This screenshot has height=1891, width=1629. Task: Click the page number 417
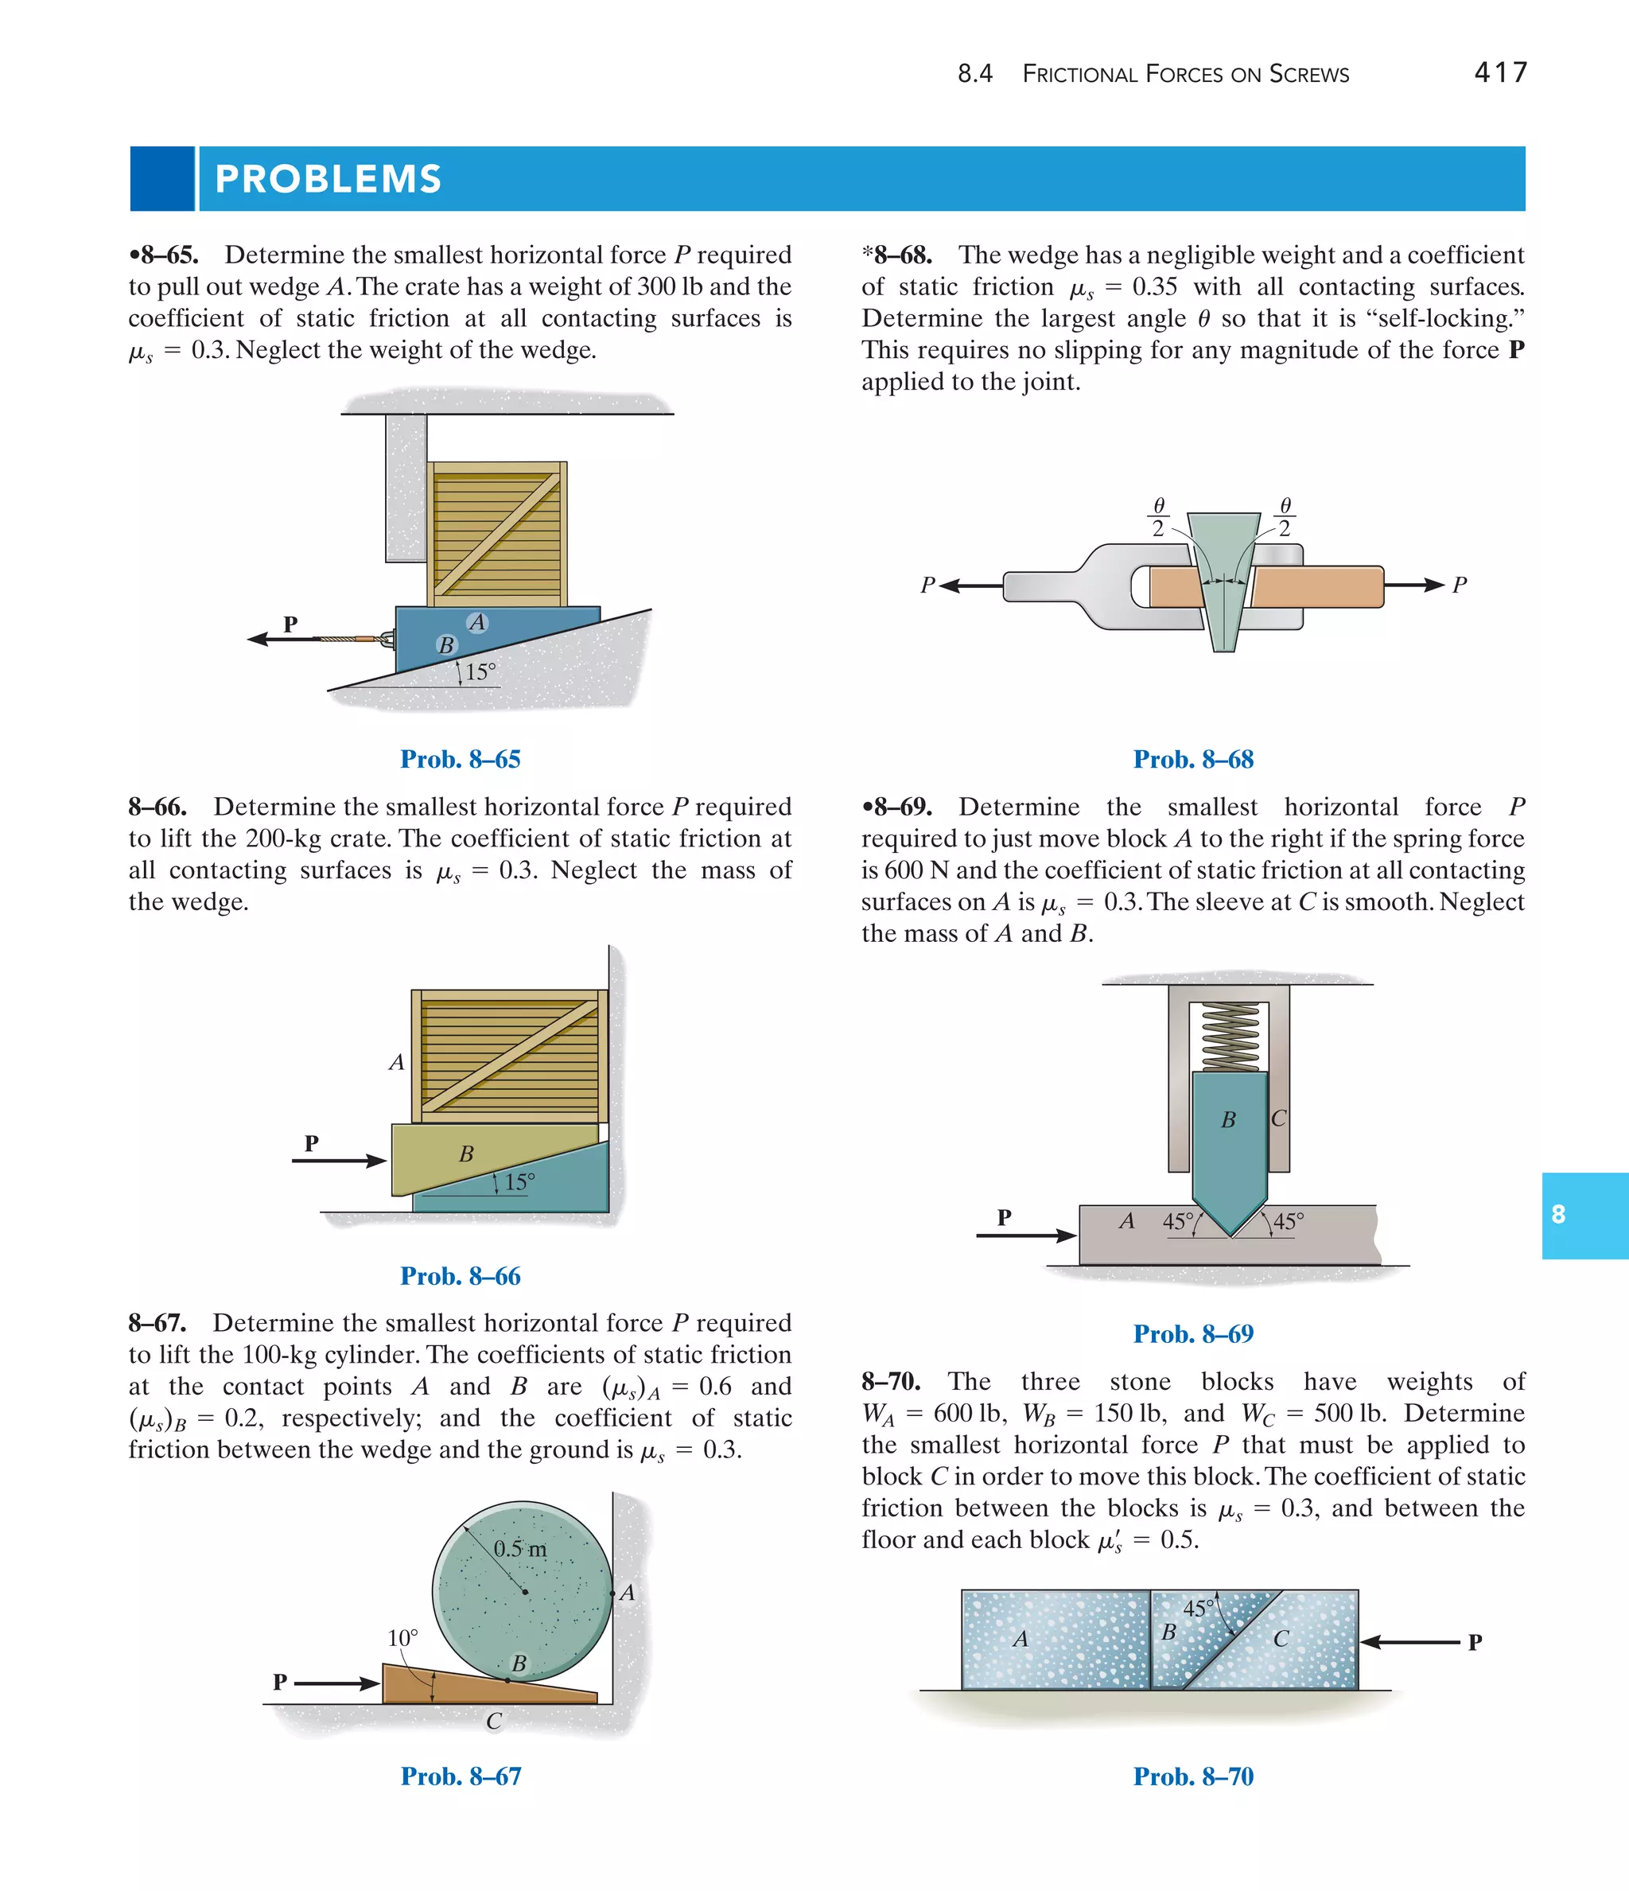coord(1499,72)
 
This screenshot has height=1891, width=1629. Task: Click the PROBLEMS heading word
coord(328,179)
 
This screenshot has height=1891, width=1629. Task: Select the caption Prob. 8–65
coord(460,759)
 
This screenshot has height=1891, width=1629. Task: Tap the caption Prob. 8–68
coord(1193,759)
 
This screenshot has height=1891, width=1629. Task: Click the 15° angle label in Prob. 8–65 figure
coord(480,672)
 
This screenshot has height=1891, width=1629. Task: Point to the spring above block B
coord(1230,1037)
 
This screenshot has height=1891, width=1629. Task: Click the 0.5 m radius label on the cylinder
coord(520,1549)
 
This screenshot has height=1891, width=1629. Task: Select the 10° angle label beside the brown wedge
coord(402,1638)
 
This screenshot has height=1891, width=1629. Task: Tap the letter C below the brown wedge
coord(494,1722)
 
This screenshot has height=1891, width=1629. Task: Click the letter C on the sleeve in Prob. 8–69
coord(1278,1119)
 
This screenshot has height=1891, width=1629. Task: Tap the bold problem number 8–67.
coord(157,1323)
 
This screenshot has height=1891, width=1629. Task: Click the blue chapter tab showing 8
coord(1584,1215)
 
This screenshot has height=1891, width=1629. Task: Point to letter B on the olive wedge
coord(466,1154)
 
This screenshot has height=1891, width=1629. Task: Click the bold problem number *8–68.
coord(896,255)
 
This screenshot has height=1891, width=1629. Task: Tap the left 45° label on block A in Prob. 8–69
coord(1177,1221)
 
